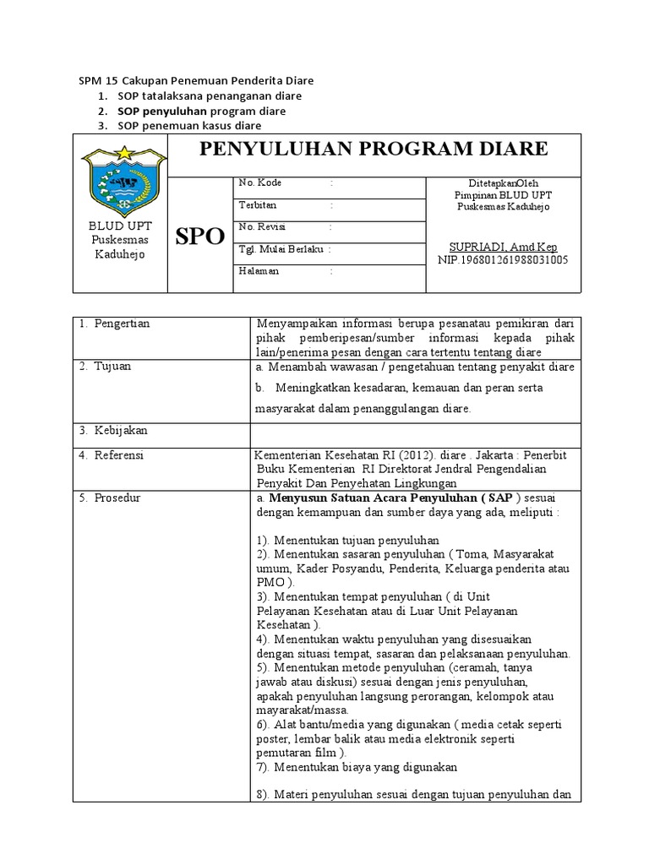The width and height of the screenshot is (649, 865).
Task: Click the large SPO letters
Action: click(199, 237)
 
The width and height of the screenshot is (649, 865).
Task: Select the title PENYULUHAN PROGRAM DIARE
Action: click(373, 150)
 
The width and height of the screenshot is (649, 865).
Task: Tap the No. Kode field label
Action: click(260, 182)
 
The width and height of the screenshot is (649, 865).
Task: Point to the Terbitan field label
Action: click(258, 204)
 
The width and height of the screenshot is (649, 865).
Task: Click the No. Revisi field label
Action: click(264, 227)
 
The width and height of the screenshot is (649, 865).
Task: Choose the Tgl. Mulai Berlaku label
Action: click(283, 249)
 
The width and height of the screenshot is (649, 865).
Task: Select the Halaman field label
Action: click(259, 271)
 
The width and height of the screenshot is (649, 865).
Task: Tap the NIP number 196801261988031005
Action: click(503, 259)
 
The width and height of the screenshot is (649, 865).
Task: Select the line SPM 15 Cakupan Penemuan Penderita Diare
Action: click(196, 81)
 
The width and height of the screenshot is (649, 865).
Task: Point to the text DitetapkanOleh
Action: click(503, 182)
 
